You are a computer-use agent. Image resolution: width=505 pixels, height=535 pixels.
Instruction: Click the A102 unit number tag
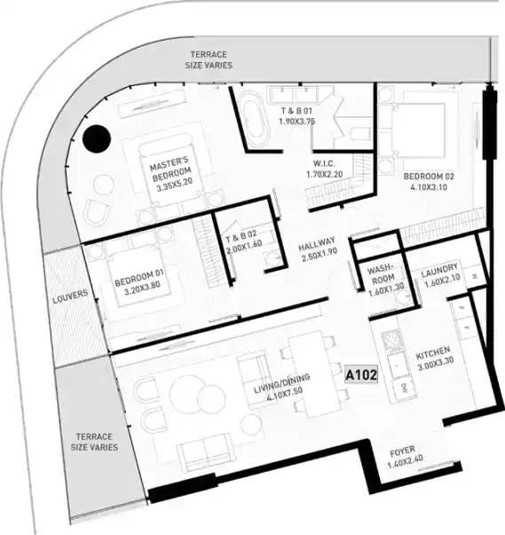[361, 375]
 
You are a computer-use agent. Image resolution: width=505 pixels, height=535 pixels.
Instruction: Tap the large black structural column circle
[97, 139]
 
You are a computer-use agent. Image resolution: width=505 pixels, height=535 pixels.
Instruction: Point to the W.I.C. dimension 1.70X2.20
[324, 175]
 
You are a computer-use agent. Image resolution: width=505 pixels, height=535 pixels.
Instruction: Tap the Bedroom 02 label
[429, 177]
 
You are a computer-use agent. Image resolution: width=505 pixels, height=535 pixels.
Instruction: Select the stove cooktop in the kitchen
[391, 341]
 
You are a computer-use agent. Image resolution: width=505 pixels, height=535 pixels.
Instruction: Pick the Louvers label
[70, 296]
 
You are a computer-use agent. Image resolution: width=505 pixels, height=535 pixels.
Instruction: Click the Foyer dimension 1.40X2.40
[406, 461]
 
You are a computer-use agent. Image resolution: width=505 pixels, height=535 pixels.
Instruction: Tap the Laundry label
[438, 271]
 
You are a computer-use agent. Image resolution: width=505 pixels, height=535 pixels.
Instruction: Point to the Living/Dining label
[282, 382]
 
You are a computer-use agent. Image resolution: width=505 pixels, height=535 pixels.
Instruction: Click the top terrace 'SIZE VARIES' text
[209, 65]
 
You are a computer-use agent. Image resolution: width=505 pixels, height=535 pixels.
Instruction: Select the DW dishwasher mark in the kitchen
[405, 388]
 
